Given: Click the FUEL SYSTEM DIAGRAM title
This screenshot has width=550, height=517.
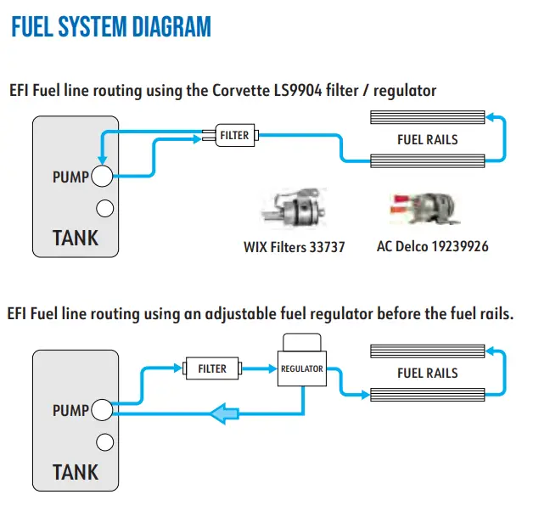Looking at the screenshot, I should coord(110,27).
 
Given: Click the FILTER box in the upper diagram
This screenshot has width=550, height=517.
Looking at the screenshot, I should coord(234,135).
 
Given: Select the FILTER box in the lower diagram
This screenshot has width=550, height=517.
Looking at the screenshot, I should coord(212,368).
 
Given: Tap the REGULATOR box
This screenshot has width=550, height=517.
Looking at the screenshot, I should coord(302,368).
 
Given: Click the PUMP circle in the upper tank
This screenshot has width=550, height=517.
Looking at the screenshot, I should coord(103,177).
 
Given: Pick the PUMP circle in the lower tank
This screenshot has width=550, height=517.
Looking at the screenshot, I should coord(103,411).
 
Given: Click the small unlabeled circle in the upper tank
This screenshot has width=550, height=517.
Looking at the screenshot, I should coord(105,207).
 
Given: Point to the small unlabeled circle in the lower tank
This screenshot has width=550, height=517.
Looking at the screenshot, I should coord(105,441).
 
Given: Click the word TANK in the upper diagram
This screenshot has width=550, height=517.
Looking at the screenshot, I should coord(76,238).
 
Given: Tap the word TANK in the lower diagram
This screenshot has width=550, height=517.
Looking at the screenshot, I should coord(76,472).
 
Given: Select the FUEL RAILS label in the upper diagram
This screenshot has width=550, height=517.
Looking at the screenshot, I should coord(428,139).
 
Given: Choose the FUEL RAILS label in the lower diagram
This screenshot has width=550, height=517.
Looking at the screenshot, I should coord(428,373).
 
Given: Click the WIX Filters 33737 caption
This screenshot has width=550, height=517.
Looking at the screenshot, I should coord(294,248).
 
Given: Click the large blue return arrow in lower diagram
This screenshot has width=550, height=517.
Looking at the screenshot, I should coord(223,413).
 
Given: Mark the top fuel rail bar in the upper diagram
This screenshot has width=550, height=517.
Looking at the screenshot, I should coord(428,117).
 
